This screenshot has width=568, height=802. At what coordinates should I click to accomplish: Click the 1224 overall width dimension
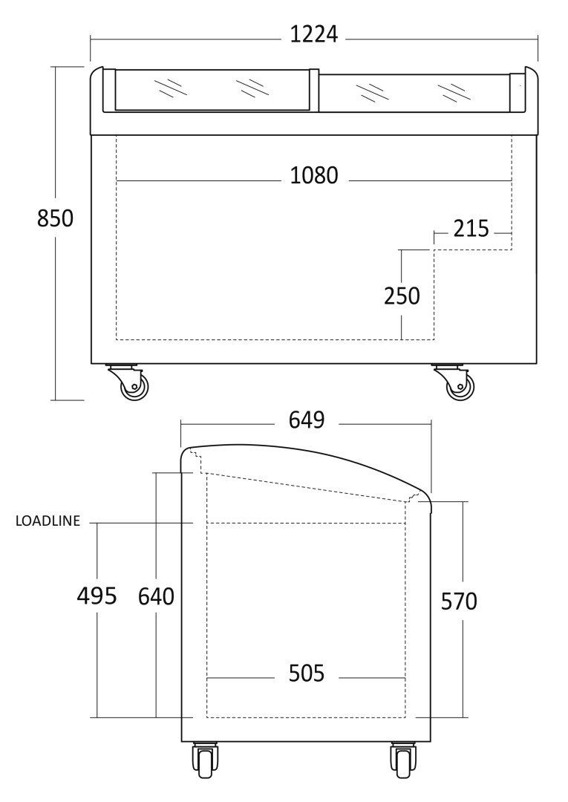click(x=314, y=34)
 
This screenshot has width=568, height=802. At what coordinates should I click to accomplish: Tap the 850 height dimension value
click(x=55, y=218)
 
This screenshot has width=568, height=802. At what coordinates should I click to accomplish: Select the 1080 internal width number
click(x=314, y=175)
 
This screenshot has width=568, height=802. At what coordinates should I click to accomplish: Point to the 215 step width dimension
click(x=471, y=229)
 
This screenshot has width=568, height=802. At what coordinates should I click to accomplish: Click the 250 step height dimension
click(x=402, y=296)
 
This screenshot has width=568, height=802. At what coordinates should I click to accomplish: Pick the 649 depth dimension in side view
click(x=307, y=420)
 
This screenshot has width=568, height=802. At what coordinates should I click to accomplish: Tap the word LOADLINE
click(x=48, y=521)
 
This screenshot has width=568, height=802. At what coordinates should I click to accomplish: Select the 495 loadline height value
click(x=97, y=596)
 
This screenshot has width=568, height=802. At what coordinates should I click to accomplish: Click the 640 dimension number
click(x=157, y=596)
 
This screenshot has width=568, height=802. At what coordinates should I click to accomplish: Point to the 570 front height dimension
click(x=459, y=601)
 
